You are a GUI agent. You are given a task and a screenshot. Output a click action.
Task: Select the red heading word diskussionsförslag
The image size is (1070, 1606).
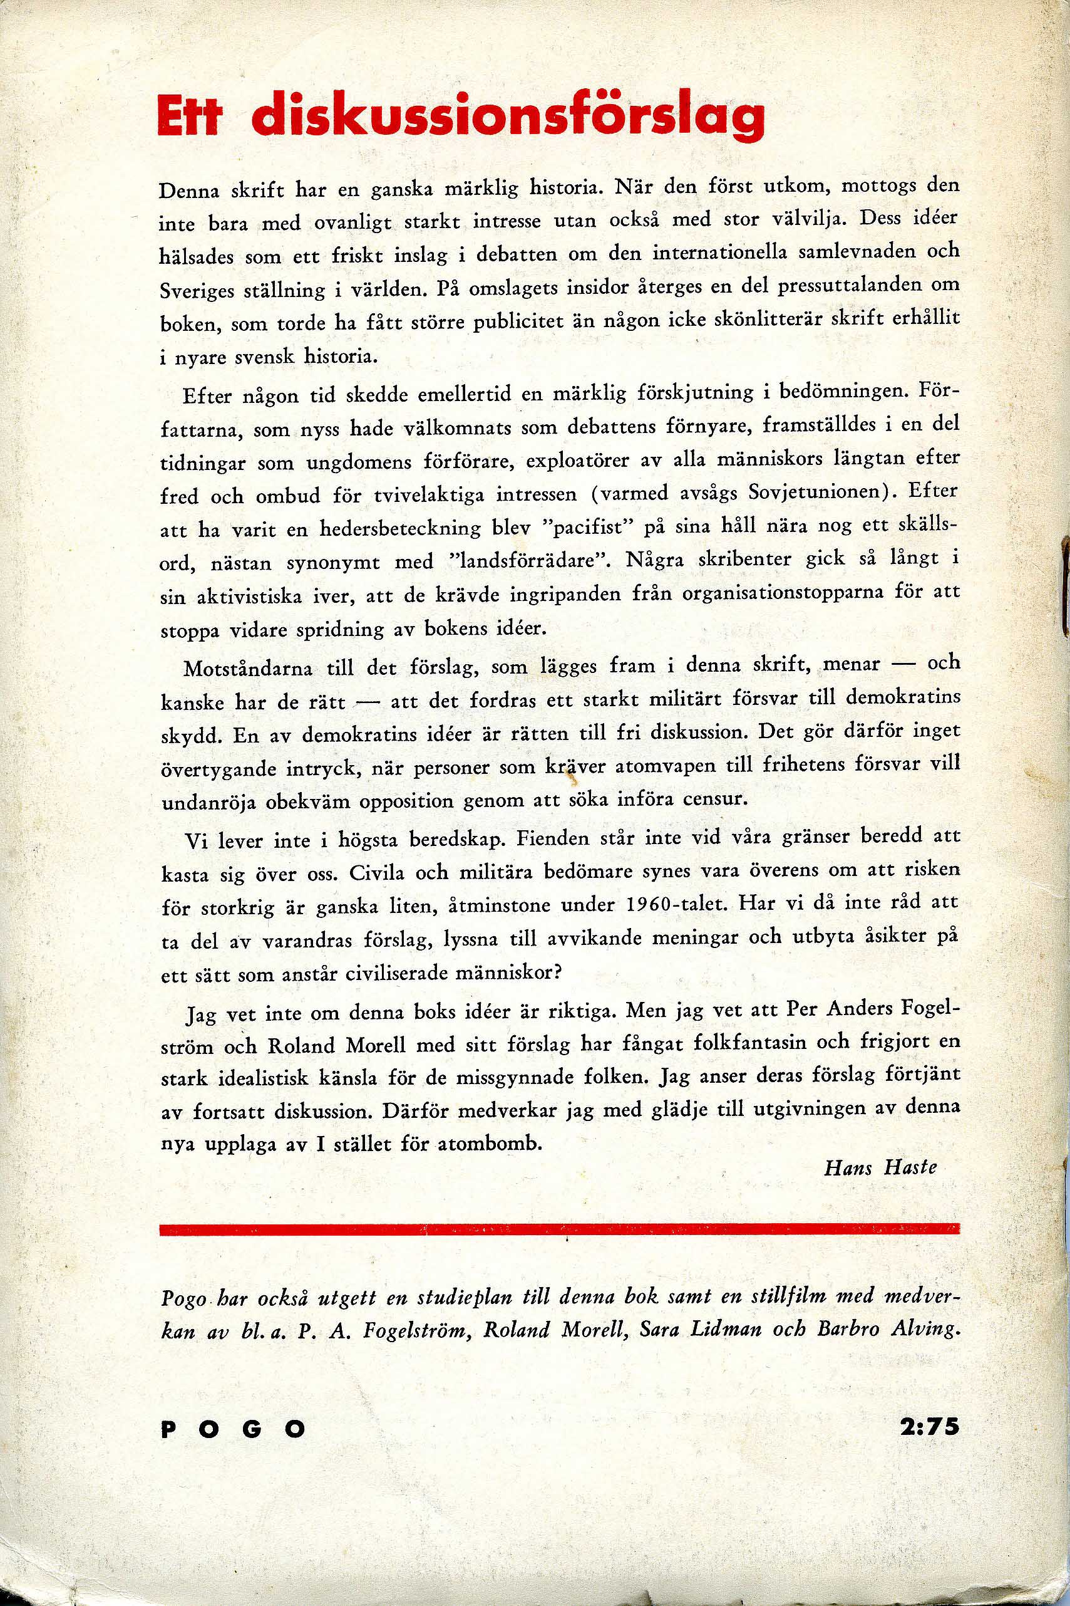tap(508, 116)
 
